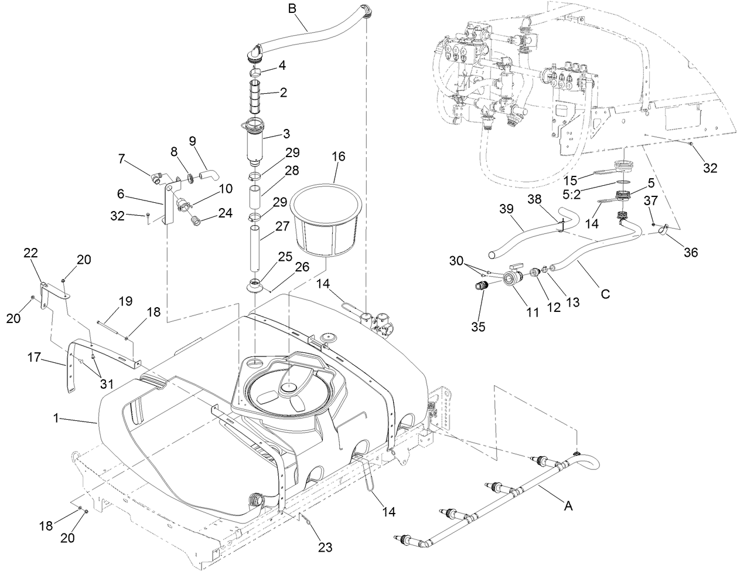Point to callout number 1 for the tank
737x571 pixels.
[56, 419]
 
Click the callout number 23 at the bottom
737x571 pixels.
[325, 548]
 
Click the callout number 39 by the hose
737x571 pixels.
[507, 209]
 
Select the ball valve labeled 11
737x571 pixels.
[513, 278]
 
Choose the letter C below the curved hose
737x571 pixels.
[605, 294]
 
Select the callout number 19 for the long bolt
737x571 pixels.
[125, 301]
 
